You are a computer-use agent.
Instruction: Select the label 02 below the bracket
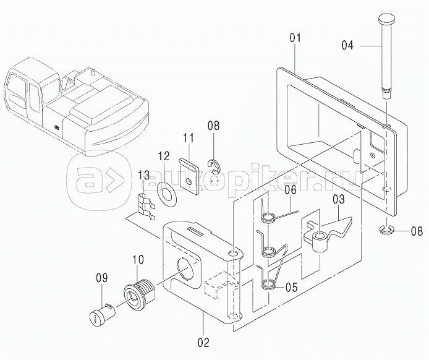(203, 341)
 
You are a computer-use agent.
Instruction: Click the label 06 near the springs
(291, 191)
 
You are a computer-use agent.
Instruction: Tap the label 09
(100, 278)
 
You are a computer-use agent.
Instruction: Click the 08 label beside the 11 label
(213, 128)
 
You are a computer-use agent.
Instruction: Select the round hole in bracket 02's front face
(187, 270)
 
